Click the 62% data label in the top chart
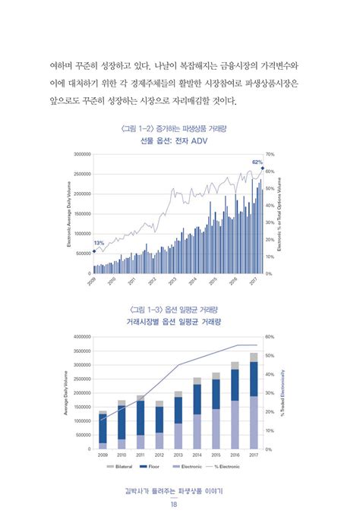pyautogui.click(x=257, y=162)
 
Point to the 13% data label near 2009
pyautogui.click(x=99, y=243)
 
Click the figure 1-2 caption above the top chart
pyautogui.click(x=179, y=130)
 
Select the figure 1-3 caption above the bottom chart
pyautogui.click(x=179, y=310)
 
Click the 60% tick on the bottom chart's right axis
pyautogui.click(x=270, y=336)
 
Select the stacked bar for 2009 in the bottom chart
pyautogui.click(x=103, y=430)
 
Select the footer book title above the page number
pyautogui.click(x=179, y=490)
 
